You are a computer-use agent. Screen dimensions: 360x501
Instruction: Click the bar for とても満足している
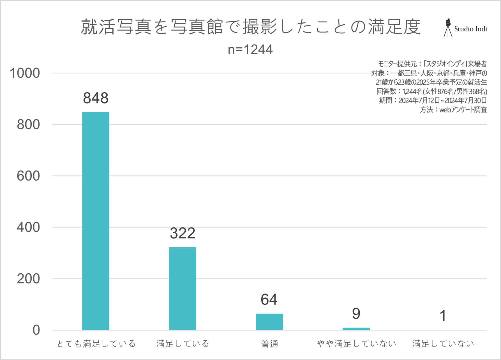tap(96, 221)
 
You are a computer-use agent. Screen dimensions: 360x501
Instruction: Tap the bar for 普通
tap(269, 322)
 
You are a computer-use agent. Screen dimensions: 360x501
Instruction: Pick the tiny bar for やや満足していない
tap(356, 329)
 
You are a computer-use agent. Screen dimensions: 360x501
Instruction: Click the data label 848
tap(96, 98)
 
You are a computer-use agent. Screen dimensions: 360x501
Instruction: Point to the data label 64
tap(269, 299)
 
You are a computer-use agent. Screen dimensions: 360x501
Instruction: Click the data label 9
tap(356, 314)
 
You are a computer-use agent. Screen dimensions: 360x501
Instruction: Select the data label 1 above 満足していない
tap(443, 316)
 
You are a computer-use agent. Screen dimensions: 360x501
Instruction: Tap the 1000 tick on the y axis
tap(25, 73)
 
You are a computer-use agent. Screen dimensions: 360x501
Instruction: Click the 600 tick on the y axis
tap(28, 176)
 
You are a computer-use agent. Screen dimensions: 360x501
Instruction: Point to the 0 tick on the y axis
tap(36, 330)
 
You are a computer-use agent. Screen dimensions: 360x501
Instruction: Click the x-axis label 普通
tap(269, 344)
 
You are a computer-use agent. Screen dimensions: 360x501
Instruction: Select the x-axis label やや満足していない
tap(356, 344)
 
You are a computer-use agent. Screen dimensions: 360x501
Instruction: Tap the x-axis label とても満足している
tap(96, 344)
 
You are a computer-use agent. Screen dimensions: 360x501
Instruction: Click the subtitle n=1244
tap(250, 50)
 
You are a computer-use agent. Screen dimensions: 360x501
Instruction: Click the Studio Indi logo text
tap(470, 29)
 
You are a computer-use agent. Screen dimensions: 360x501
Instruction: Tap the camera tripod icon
tap(448, 28)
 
